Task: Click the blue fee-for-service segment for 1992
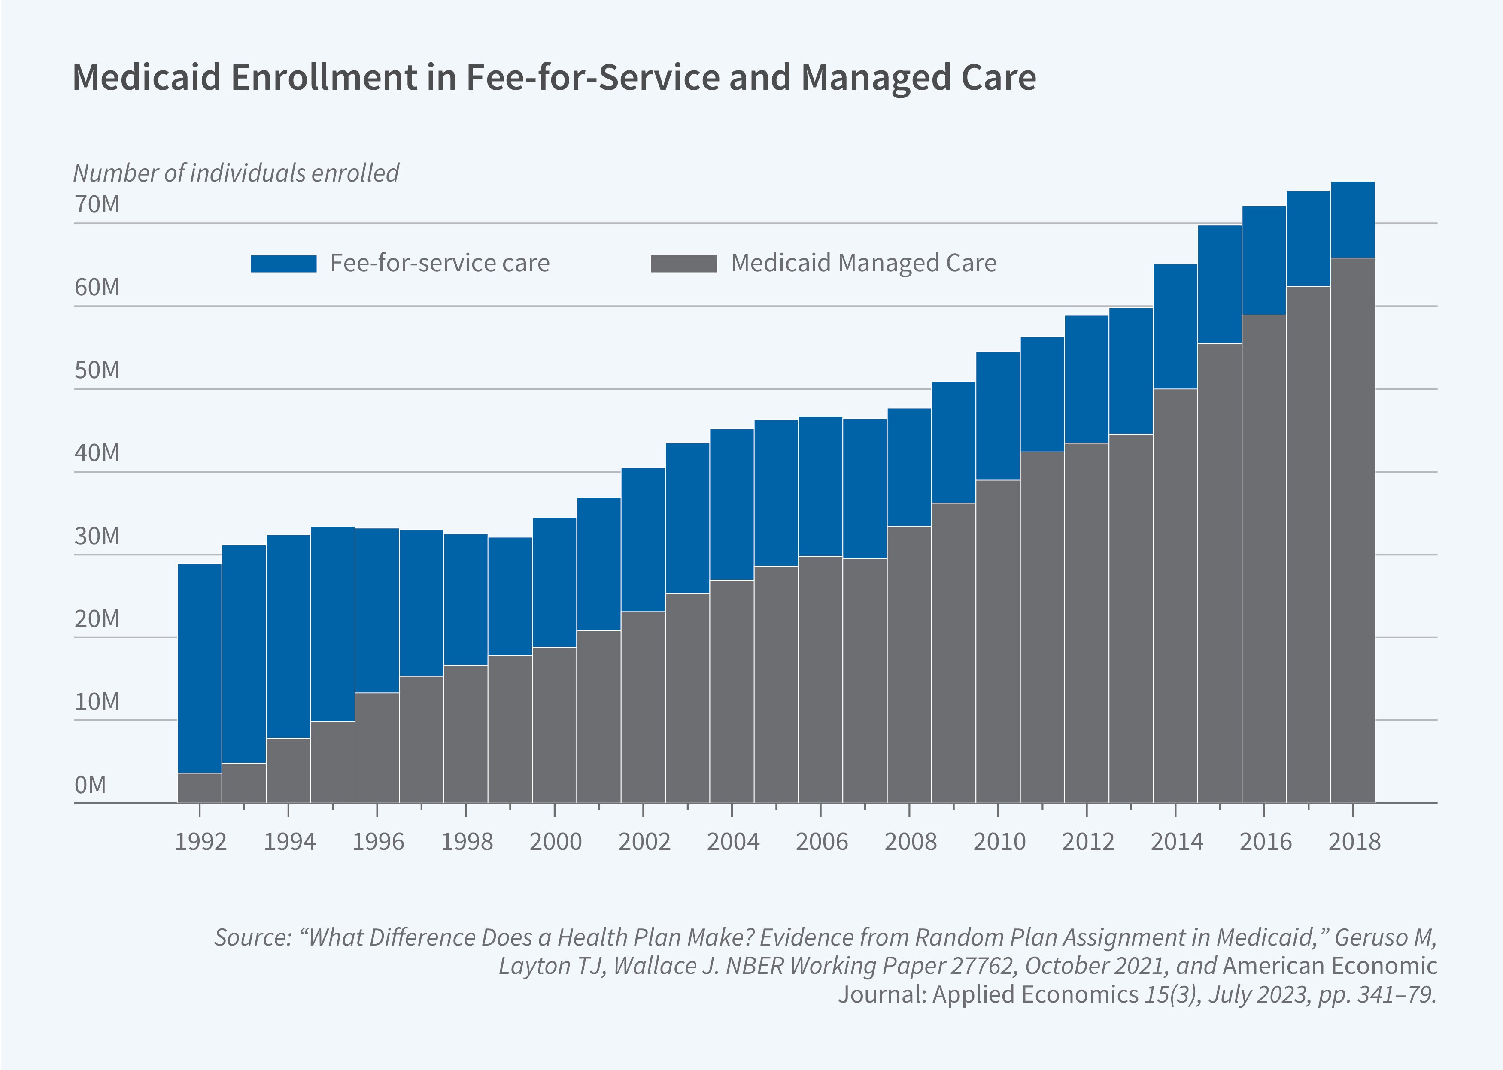click(200, 668)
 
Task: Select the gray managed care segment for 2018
click(1352, 530)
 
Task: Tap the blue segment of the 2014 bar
click(1175, 326)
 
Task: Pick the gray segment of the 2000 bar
click(554, 725)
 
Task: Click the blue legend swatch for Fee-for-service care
click(283, 264)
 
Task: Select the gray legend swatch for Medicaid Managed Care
click(683, 264)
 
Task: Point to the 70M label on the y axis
click(97, 205)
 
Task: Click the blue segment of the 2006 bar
click(820, 486)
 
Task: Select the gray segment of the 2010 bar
click(998, 640)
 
